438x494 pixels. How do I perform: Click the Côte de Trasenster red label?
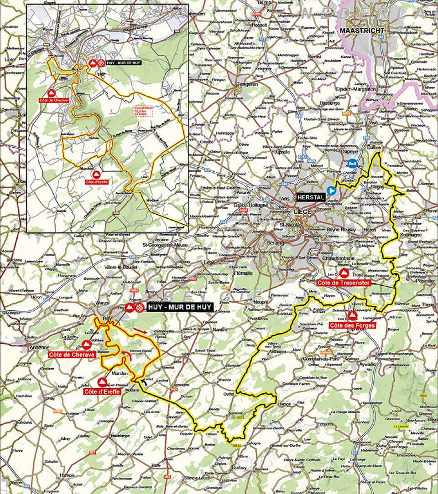pyautogui.click(x=350, y=283)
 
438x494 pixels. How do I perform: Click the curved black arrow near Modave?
pyautogui.click(x=146, y=381)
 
